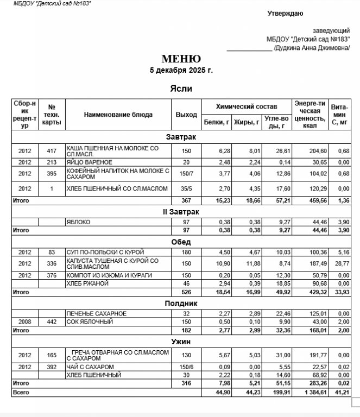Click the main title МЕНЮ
(x=181, y=59)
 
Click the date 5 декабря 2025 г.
(x=181, y=71)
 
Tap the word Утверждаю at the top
(x=285, y=14)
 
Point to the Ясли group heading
(x=181, y=89)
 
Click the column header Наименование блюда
(x=118, y=115)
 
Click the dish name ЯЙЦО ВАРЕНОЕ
(x=89, y=162)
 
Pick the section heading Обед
(x=181, y=242)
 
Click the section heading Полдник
(x=181, y=304)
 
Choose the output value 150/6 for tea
(x=186, y=367)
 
